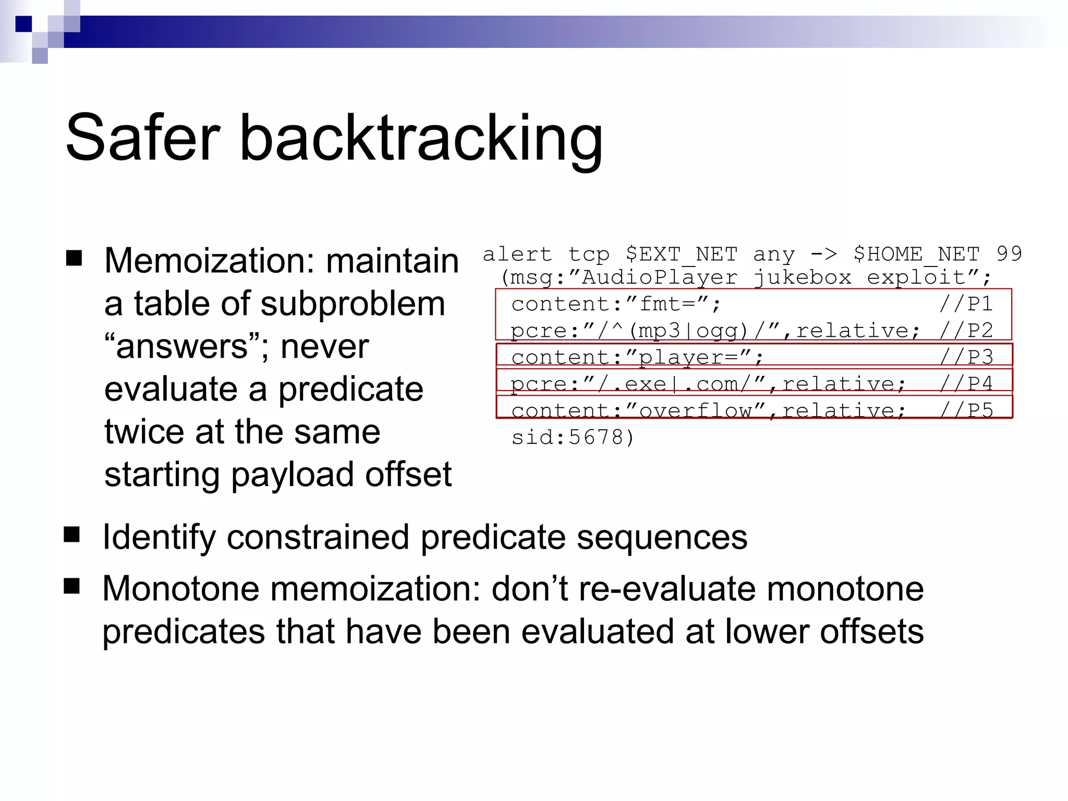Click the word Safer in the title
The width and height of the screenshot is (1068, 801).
tap(143, 138)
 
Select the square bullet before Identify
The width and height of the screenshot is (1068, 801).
tap(72, 535)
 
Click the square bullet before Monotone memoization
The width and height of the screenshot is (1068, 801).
tap(72, 586)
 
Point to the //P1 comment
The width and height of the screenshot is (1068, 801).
tap(966, 304)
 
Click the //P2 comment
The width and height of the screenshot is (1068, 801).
tap(966, 331)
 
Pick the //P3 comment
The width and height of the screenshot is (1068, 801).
tap(966, 357)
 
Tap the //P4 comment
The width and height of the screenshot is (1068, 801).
tap(966, 384)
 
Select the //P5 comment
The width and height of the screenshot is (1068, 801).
tap(966, 410)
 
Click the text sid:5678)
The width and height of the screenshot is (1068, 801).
tap(573, 437)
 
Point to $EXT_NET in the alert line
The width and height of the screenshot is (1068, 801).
tap(682, 254)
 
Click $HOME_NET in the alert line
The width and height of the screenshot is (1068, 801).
tap(916, 254)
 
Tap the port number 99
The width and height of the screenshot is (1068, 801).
tap(1009, 254)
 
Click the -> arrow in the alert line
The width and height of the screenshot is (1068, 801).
tap(824, 254)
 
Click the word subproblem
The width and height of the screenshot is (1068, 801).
tap(353, 304)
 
